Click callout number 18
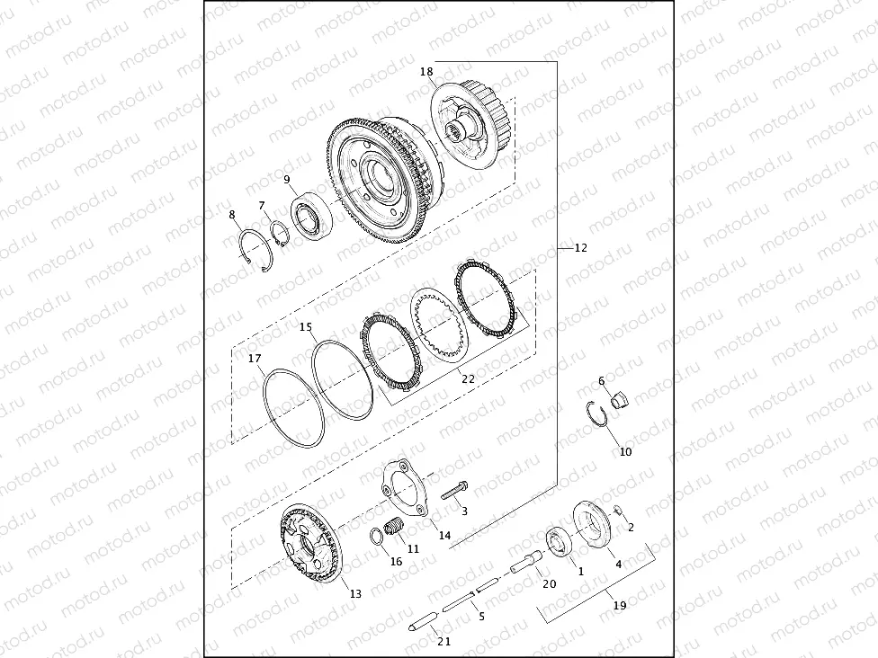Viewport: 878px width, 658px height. pos(426,71)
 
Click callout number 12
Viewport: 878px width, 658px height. pos(580,248)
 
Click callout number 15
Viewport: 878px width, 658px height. pos(306,327)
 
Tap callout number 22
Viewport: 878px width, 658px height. pos(468,378)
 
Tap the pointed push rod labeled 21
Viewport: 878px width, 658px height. pos(424,618)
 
